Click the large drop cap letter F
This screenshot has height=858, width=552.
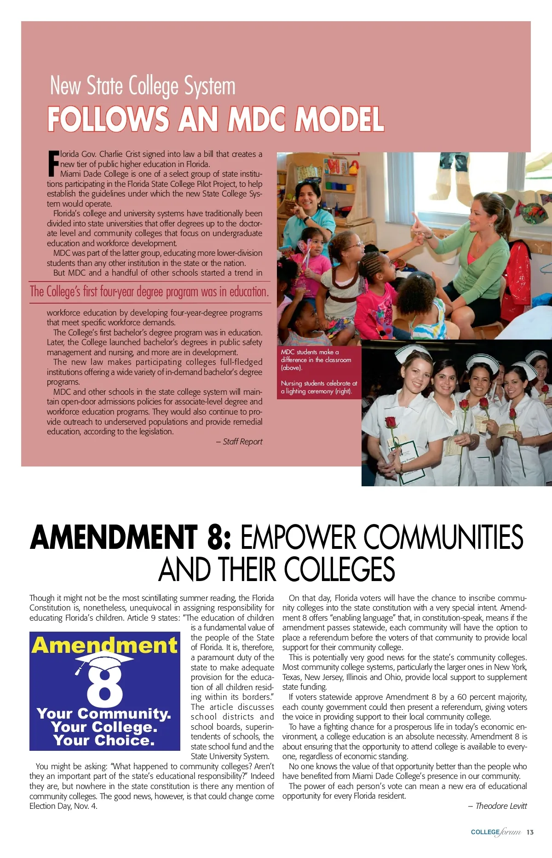(x=53, y=164)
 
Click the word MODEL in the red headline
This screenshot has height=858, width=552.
(x=339, y=119)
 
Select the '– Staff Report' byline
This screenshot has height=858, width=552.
(x=239, y=442)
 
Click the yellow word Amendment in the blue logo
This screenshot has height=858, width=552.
(x=104, y=645)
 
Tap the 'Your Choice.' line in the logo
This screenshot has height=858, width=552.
(x=104, y=740)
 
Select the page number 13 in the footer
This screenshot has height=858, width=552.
(x=530, y=832)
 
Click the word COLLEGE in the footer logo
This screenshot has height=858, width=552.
(x=485, y=832)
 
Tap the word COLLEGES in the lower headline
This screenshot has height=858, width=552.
(x=339, y=569)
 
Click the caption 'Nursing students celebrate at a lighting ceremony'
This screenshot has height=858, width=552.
(x=319, y=387)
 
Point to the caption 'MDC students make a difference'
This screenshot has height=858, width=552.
(x=316, y=360)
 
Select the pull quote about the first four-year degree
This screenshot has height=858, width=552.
(x=149, y=292)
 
